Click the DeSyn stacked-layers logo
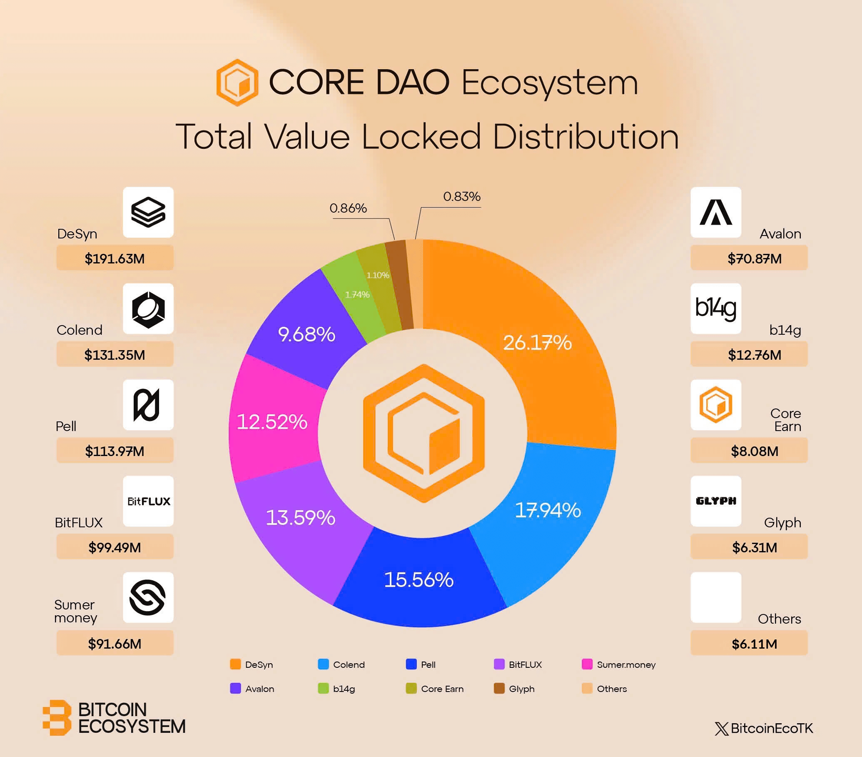(x=148, y=212)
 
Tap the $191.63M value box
(x=115, y=258)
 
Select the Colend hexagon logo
(x=148, y=309)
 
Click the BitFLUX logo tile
(x=148, y=501)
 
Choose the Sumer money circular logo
(x=147, y=597)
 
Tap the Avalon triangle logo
(x=716, y=212)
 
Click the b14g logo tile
(x=716, y=308)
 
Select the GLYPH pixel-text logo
(x=716, y=501)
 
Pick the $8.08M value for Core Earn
(x=755, y=451)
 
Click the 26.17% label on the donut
(x=537, y=343)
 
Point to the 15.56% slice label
(x=419, y=580)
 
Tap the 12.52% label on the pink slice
(x=272, y=422)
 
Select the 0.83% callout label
(x=462, y=197)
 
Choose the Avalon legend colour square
(x=235, y=689)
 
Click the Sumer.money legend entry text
(x=626, y=664)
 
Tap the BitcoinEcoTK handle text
(x=771, y=728)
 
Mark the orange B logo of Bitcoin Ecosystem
(x=57, y=718)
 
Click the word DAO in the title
(x=412, y=83)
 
